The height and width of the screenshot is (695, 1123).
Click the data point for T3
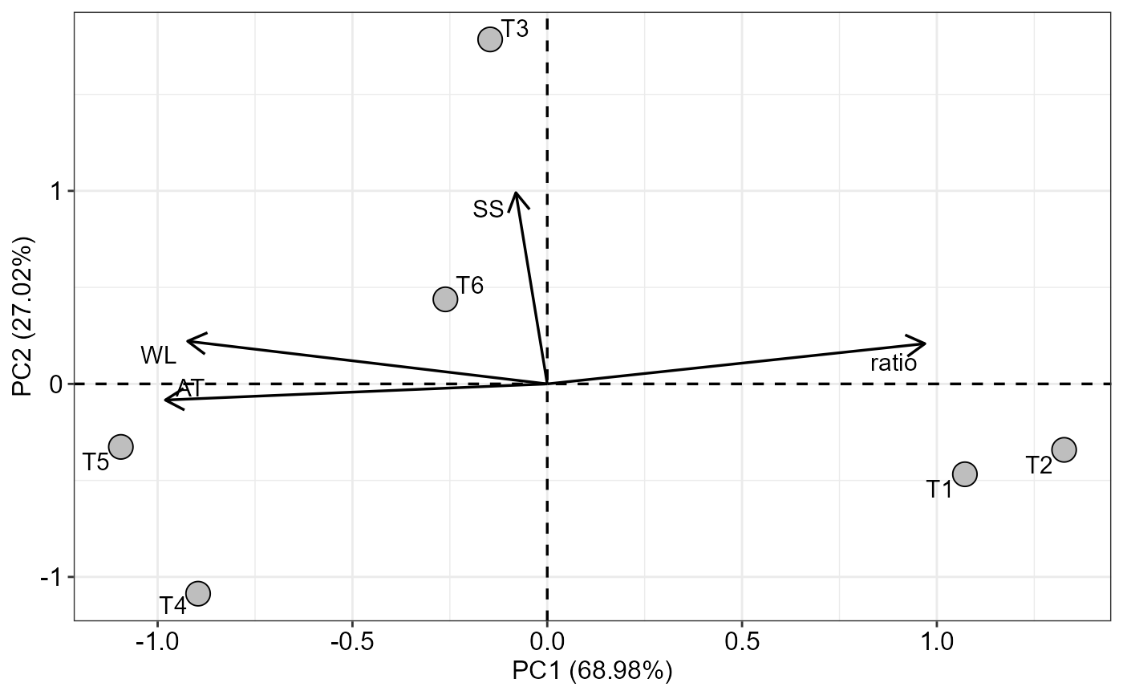pos(490,39)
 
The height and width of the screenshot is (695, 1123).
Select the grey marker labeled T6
pos(445,299)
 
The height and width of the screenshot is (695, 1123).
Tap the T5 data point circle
pos(120,446)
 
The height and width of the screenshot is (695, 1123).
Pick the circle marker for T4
pos(197,593)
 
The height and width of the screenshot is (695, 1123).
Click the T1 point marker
pos(964,473)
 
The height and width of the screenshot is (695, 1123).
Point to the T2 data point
pos(1064,449)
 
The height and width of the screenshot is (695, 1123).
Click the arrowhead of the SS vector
pos(517,193)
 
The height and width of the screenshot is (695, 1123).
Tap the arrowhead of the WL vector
pos(188,341)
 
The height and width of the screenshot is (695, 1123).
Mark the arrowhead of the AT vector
pos(165,400)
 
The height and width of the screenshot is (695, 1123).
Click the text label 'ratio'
pos(894,364)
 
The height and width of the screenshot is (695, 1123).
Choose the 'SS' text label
pos(488,209)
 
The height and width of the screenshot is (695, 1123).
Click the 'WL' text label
pos(158,355)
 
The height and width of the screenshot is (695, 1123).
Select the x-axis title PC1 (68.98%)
pos(592,671)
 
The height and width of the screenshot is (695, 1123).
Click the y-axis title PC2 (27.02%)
pos(22,316)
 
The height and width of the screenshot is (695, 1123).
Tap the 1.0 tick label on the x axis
pos(936,644)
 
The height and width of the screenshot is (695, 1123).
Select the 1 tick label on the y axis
pos(59,191)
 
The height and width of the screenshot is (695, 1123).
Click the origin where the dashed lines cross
pos(547,384)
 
